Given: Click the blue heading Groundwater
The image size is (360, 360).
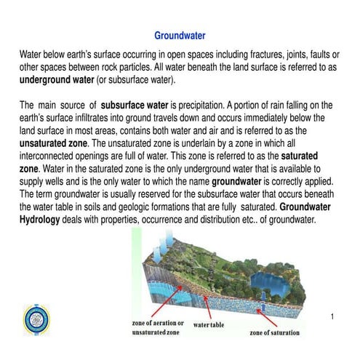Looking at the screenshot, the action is pyautogui.click(x=180, y=35).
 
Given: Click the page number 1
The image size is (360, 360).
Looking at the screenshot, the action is pyautogui.click(x=331, y=316).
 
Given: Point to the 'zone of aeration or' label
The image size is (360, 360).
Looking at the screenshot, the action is pyautogui.click(x=158, y=321).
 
